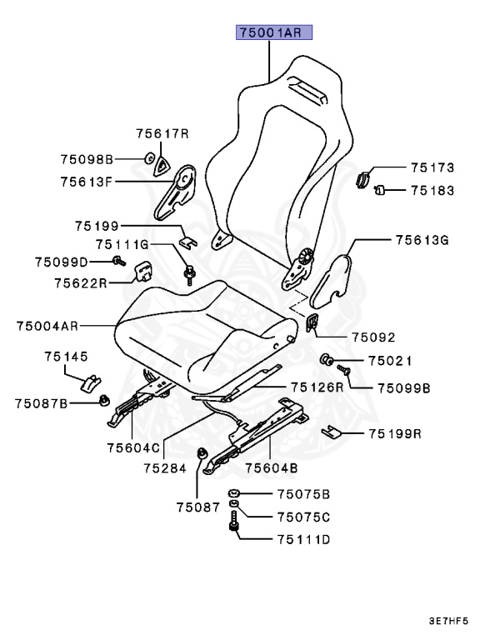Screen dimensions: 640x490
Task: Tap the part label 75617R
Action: [x=163, y=133]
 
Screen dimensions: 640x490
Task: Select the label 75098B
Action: [x=86, y=158]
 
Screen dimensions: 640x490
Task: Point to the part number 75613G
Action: [x=422, y=240]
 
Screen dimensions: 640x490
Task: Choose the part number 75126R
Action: [x=317, y=387]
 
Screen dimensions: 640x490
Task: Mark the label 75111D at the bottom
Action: [x=303, y=539]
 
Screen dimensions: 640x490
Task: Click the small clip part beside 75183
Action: [x=377, y=190]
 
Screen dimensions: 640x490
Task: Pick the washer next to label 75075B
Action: [x=237, y=492]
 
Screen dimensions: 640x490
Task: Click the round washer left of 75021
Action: [x=326, y=361]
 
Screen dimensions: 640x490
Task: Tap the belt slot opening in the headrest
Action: [x=307, y=87]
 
